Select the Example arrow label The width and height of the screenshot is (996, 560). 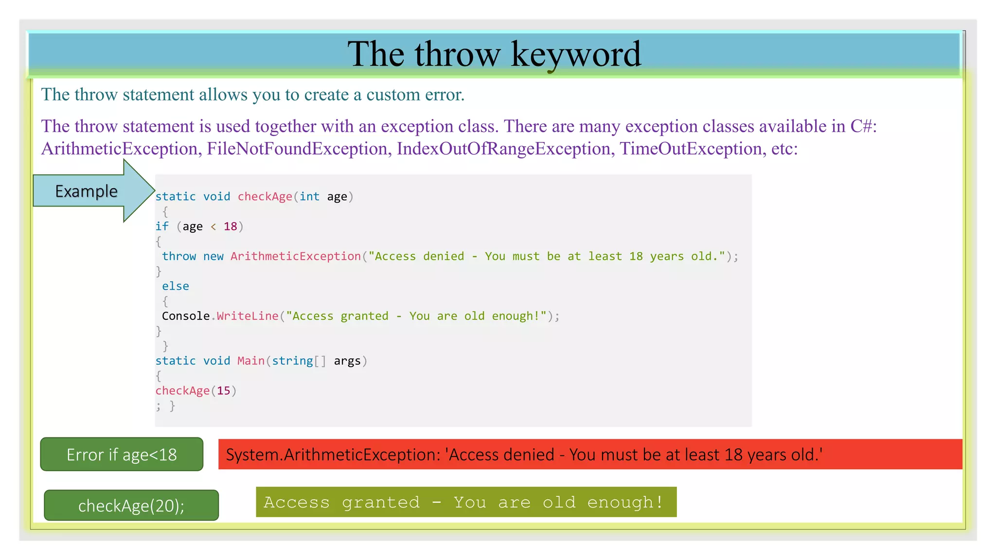coord(86,191)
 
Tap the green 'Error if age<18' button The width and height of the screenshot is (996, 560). coord(122,455)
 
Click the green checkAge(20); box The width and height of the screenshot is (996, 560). coord(131,506)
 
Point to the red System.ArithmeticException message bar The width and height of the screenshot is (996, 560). coord(590,455)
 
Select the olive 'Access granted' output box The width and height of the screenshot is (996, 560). coord(466,502)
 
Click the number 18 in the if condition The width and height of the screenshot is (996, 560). coord(230,227)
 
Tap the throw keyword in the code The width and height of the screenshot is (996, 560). coord(179,256)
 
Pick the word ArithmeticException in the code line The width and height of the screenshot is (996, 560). coord(296,256)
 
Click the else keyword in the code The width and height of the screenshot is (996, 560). coord(176,286)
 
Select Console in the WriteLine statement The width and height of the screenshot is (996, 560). coord(186,316)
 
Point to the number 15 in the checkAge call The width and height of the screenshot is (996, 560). coord(223,391)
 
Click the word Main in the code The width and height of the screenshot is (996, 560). coord(251,361)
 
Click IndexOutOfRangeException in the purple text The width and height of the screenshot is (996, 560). coord(503,149)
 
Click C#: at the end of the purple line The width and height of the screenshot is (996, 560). coord(863,126)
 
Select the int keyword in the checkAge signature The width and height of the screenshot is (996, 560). coord(309,196)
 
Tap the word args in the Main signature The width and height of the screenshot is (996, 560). coord(347,361)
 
